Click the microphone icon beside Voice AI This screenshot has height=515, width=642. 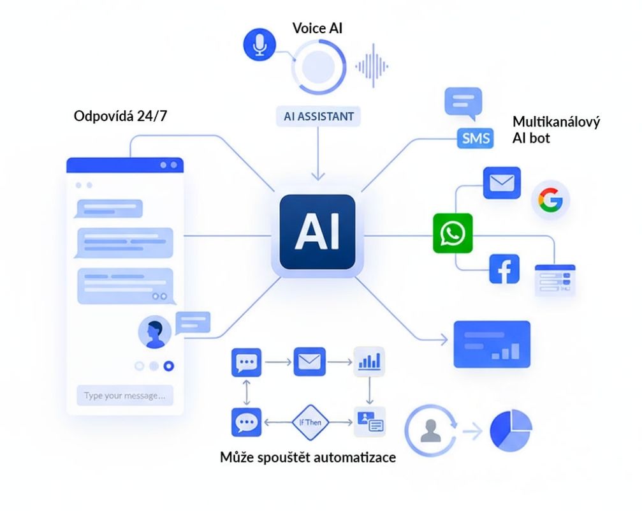[x=259, y=44]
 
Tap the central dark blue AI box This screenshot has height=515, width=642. [x=317, y=232]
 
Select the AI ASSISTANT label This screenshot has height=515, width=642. [x=319, y=116]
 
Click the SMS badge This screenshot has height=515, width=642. [x=476, y=138]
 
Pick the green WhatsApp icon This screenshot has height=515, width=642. [x=453, y=233]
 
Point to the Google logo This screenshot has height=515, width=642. [x=550, y=200]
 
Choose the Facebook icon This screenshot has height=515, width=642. [x=504, y=269]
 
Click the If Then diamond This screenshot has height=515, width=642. [x=310, y=422]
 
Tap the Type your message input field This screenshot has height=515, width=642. [x=125, y=396]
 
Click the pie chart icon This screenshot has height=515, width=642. [x=511, y=430]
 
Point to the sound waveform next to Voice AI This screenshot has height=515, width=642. [x=372, y=66]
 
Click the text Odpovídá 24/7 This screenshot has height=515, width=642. [x=120, y=116]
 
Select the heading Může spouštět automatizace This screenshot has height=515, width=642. [x=308, y=457]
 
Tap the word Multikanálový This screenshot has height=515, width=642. [x=556, y=122]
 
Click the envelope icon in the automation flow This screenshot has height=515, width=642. [x=310, y=362]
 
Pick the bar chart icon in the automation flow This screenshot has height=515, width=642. [x=369, y=362]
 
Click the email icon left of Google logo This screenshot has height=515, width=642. [x=502, y=183]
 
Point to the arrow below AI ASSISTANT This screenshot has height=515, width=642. [x=318, y=154]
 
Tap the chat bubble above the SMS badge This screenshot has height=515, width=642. [x=463, y=103]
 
